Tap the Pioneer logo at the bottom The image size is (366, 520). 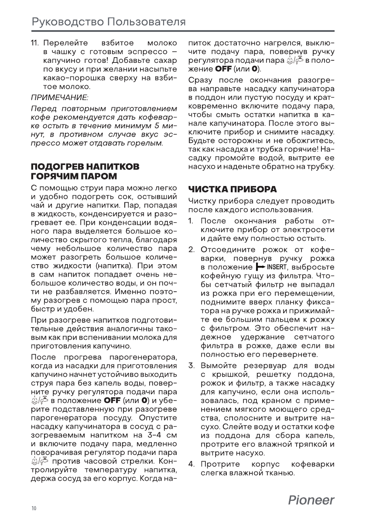311,500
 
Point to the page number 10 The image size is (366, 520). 34,508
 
